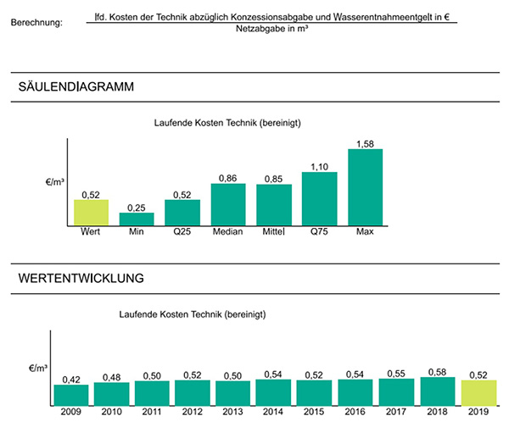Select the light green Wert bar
[91, 213]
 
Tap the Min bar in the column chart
[137, 219]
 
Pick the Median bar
[228, 204]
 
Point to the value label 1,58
[366, 143]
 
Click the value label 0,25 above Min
[137, 207]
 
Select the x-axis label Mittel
[274, 231]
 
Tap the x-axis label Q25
[182, 231]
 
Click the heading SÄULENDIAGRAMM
[76, 88]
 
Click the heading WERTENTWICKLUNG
[81, 278]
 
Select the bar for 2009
[70, 393]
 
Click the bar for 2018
[438, 390]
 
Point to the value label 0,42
[70, 379]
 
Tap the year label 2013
[234, 413]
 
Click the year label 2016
[356, 413]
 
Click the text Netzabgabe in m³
[271, 29]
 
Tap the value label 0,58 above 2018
[438, 371]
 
